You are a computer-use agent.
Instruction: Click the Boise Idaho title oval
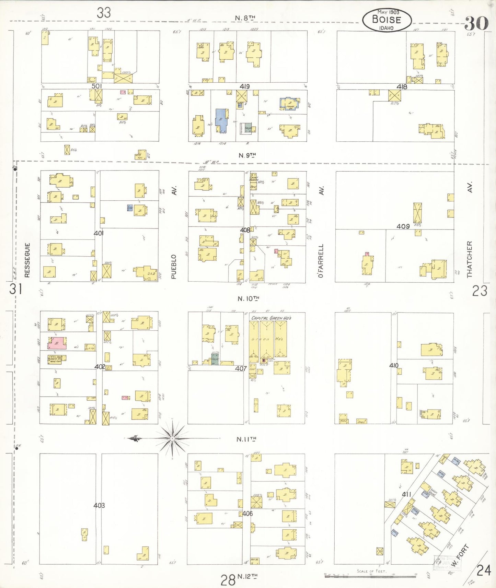pyautogui.click(x=387, y=20)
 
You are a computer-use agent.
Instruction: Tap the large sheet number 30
pyautogui.click(x=476, y=23)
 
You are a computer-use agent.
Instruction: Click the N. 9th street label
pyautogui.click(x=247, y=155)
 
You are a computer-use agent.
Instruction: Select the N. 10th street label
pyautogui.click(x=248, y=299)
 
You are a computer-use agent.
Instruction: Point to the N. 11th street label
pyautogui.click(x=246, y=439)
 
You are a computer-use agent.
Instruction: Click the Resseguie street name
pyautogui.click(x=27, y=260)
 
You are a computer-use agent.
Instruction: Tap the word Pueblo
pyautogui.click(x=174, y=267)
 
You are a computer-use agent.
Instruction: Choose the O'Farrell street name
pyautogui.click(x=321, y=261)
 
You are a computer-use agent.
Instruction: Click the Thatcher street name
pyautogui.click(x=469, y=259)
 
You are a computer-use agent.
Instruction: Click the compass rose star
pyautogui.click(x=172, y=438)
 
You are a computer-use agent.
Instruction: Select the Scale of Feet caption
pyautogui.click(x=371, y=571)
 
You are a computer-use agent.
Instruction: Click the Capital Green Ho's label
pyautogui.click(x=271, y=318)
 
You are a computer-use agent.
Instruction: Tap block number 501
pyautogui.click(x=96, y=86)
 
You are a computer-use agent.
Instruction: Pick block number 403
pyautogui.click(x=99, y=505)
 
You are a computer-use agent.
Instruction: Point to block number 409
pyautogui.click(x=403, y=226)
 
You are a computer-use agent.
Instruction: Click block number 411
pyautogui.click(x=406, y=494)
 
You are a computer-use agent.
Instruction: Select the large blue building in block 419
pyautogui.click(x=221, y=119)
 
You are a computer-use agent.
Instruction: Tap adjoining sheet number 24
pyautogui.click(x=484, y=570)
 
